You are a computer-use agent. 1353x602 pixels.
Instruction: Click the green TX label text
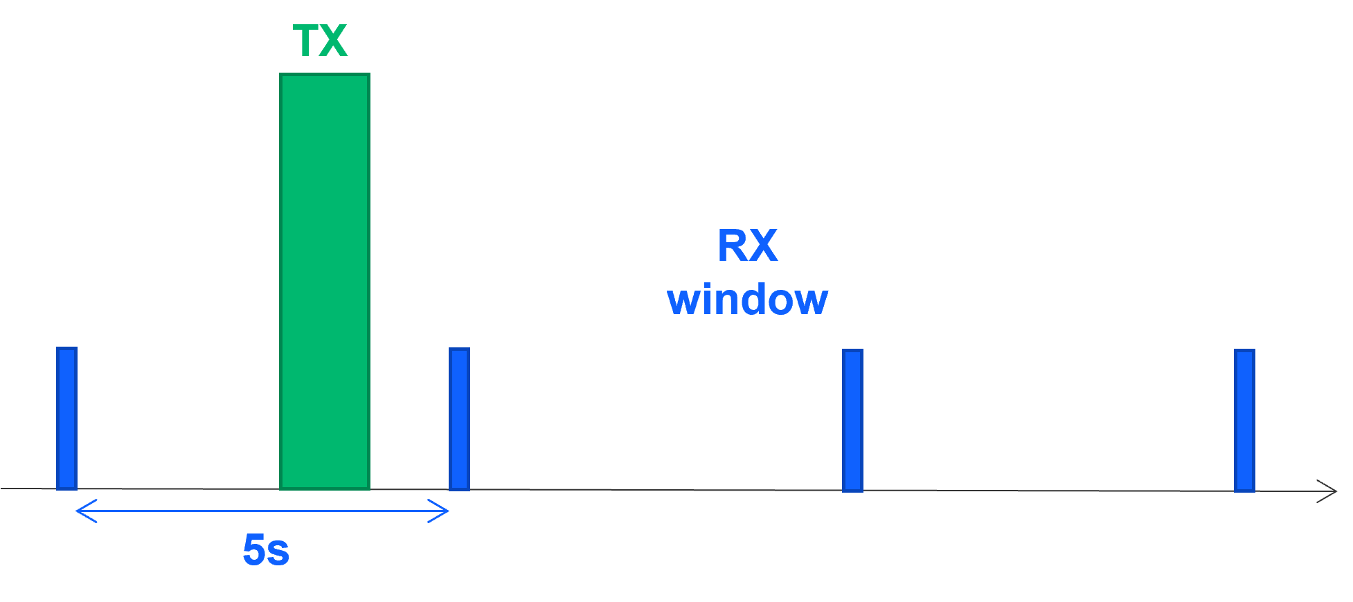(x=320, y=41)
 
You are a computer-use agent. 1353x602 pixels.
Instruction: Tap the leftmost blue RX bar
(x=66, y=418)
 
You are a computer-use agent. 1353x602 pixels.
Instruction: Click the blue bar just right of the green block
(x=459, y=419)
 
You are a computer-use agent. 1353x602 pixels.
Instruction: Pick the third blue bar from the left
(x=852, y=420)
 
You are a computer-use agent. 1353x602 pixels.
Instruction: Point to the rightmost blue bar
(x=1244, y=420)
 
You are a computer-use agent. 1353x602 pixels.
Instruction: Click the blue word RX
(x=747, y=246)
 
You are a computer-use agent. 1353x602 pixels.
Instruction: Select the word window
(x=747, y=300)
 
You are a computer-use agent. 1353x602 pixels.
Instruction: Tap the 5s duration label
(x=266, y=551)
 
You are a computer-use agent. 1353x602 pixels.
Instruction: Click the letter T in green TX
(x=305, y=41)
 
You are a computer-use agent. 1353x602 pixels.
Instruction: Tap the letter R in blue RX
(x=732, y=246)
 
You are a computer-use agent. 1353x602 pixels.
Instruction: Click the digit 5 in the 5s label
(x=254, y=551)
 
